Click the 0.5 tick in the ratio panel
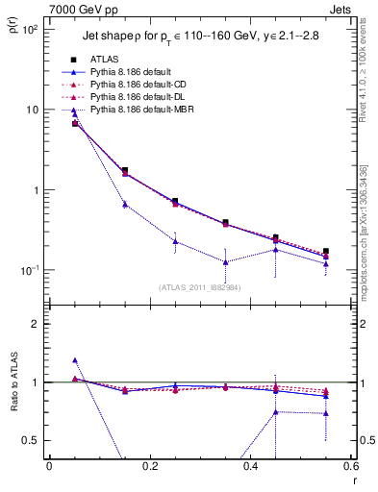coord(31,440)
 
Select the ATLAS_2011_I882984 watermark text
coord(201,287)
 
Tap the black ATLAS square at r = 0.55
coord(326,251)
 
